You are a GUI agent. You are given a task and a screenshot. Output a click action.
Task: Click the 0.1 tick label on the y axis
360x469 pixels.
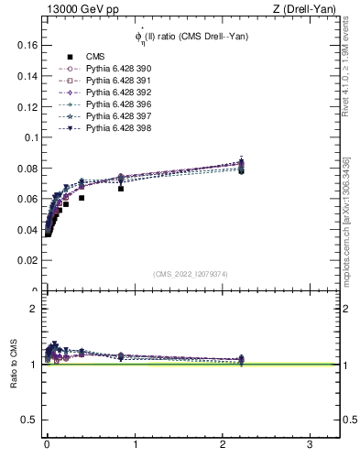29,137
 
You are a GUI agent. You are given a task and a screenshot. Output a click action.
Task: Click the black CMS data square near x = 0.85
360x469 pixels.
121,189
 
